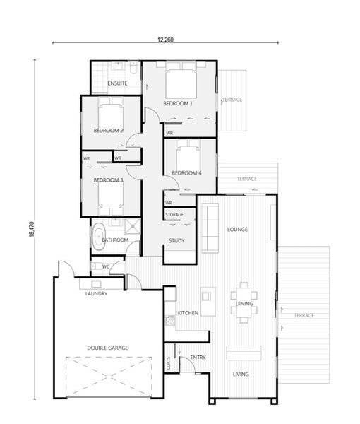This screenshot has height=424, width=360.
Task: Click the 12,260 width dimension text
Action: click(x=165, y=40)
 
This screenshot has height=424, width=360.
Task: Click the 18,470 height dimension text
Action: click(x=32, y=230)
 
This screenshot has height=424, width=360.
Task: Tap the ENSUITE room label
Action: click(x=117, y=83)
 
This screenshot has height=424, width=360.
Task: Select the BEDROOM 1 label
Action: click(x=178, y=103)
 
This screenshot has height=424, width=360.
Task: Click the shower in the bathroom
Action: click(x=132, y=226)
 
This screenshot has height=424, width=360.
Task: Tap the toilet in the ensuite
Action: click(x=133, y=68)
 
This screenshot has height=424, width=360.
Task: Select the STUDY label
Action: click(x=176, y=240)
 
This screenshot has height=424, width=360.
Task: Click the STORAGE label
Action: click(x=174, y=215)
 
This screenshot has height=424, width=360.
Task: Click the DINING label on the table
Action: click(x=244, y=304)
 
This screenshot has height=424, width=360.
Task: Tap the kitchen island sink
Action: click(x=206, y=296)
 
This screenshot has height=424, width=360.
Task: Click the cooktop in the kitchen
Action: click(x=170, y=320)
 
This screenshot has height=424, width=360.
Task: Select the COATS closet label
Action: click(x=169, y=363)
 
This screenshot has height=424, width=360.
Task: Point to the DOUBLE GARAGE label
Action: click(x=107, y=348)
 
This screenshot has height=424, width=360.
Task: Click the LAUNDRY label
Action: click(x=96, y=294)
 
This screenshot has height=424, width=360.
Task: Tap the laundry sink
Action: click(x=96, y=284)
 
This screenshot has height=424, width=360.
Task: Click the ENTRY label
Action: click(x=198, y=358)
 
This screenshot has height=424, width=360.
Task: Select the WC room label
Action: click(x=106, y=266)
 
